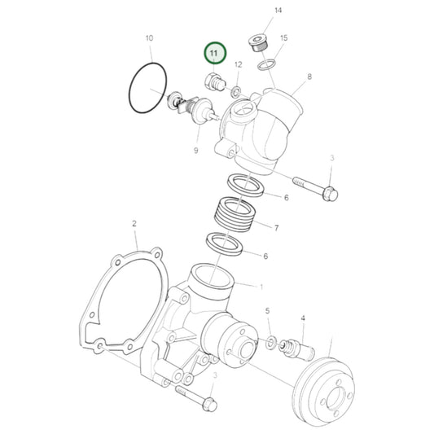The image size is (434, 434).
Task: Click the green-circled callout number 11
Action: pyautogui.click(x=214, y=54)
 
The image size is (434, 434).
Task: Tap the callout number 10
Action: pyautogui.click(x=148, y=38)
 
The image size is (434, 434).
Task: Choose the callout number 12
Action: pyautogui.click(x=238, y=64)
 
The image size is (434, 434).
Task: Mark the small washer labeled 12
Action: pyautogui.click(x=234, y=90)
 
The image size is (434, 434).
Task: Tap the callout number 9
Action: pyautogui.click(x=195, y=150)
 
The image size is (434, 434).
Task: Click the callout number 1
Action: pyautogui.click(x=261, y=287)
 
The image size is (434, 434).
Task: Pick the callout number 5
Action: pyautogui.click(x=268, y=311)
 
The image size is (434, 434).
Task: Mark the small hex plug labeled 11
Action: pyautogui.click(x=213, y=82)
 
